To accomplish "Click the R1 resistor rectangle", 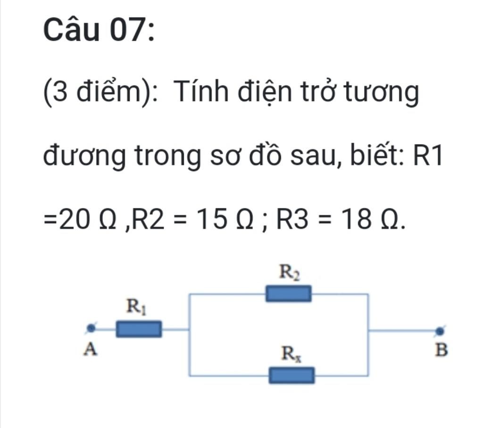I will (x=139, y=328).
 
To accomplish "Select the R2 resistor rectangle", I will (x=288, y=293).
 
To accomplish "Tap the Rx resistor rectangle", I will (x=291, y=376).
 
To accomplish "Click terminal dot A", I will (x=91, y=328).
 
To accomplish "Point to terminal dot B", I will (x=440, y=331).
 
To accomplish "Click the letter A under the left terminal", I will (x=90, y=350).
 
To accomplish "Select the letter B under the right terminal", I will (x=441, y=351).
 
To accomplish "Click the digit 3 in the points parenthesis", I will (x=60, y=92).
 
